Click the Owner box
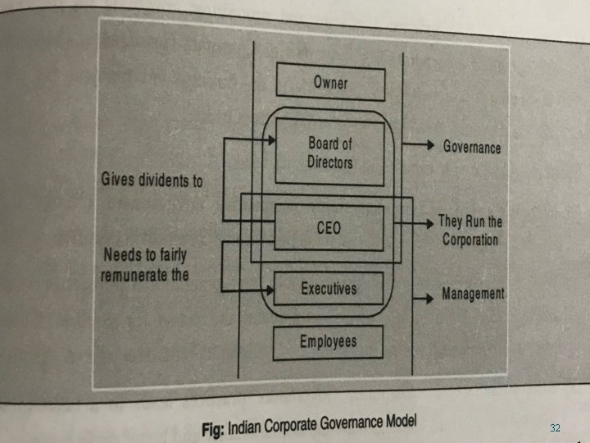point(330,82)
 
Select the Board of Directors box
point(329,153)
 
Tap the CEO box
point(329,227)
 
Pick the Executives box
point(329,289)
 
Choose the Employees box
point(328,341)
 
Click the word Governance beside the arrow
point(471,147)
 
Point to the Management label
point(473,293)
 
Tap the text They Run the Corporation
point(470,231)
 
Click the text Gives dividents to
point(152,180)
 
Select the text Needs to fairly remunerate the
point(146,264)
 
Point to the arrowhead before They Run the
point(430,223)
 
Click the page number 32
point(555,428)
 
